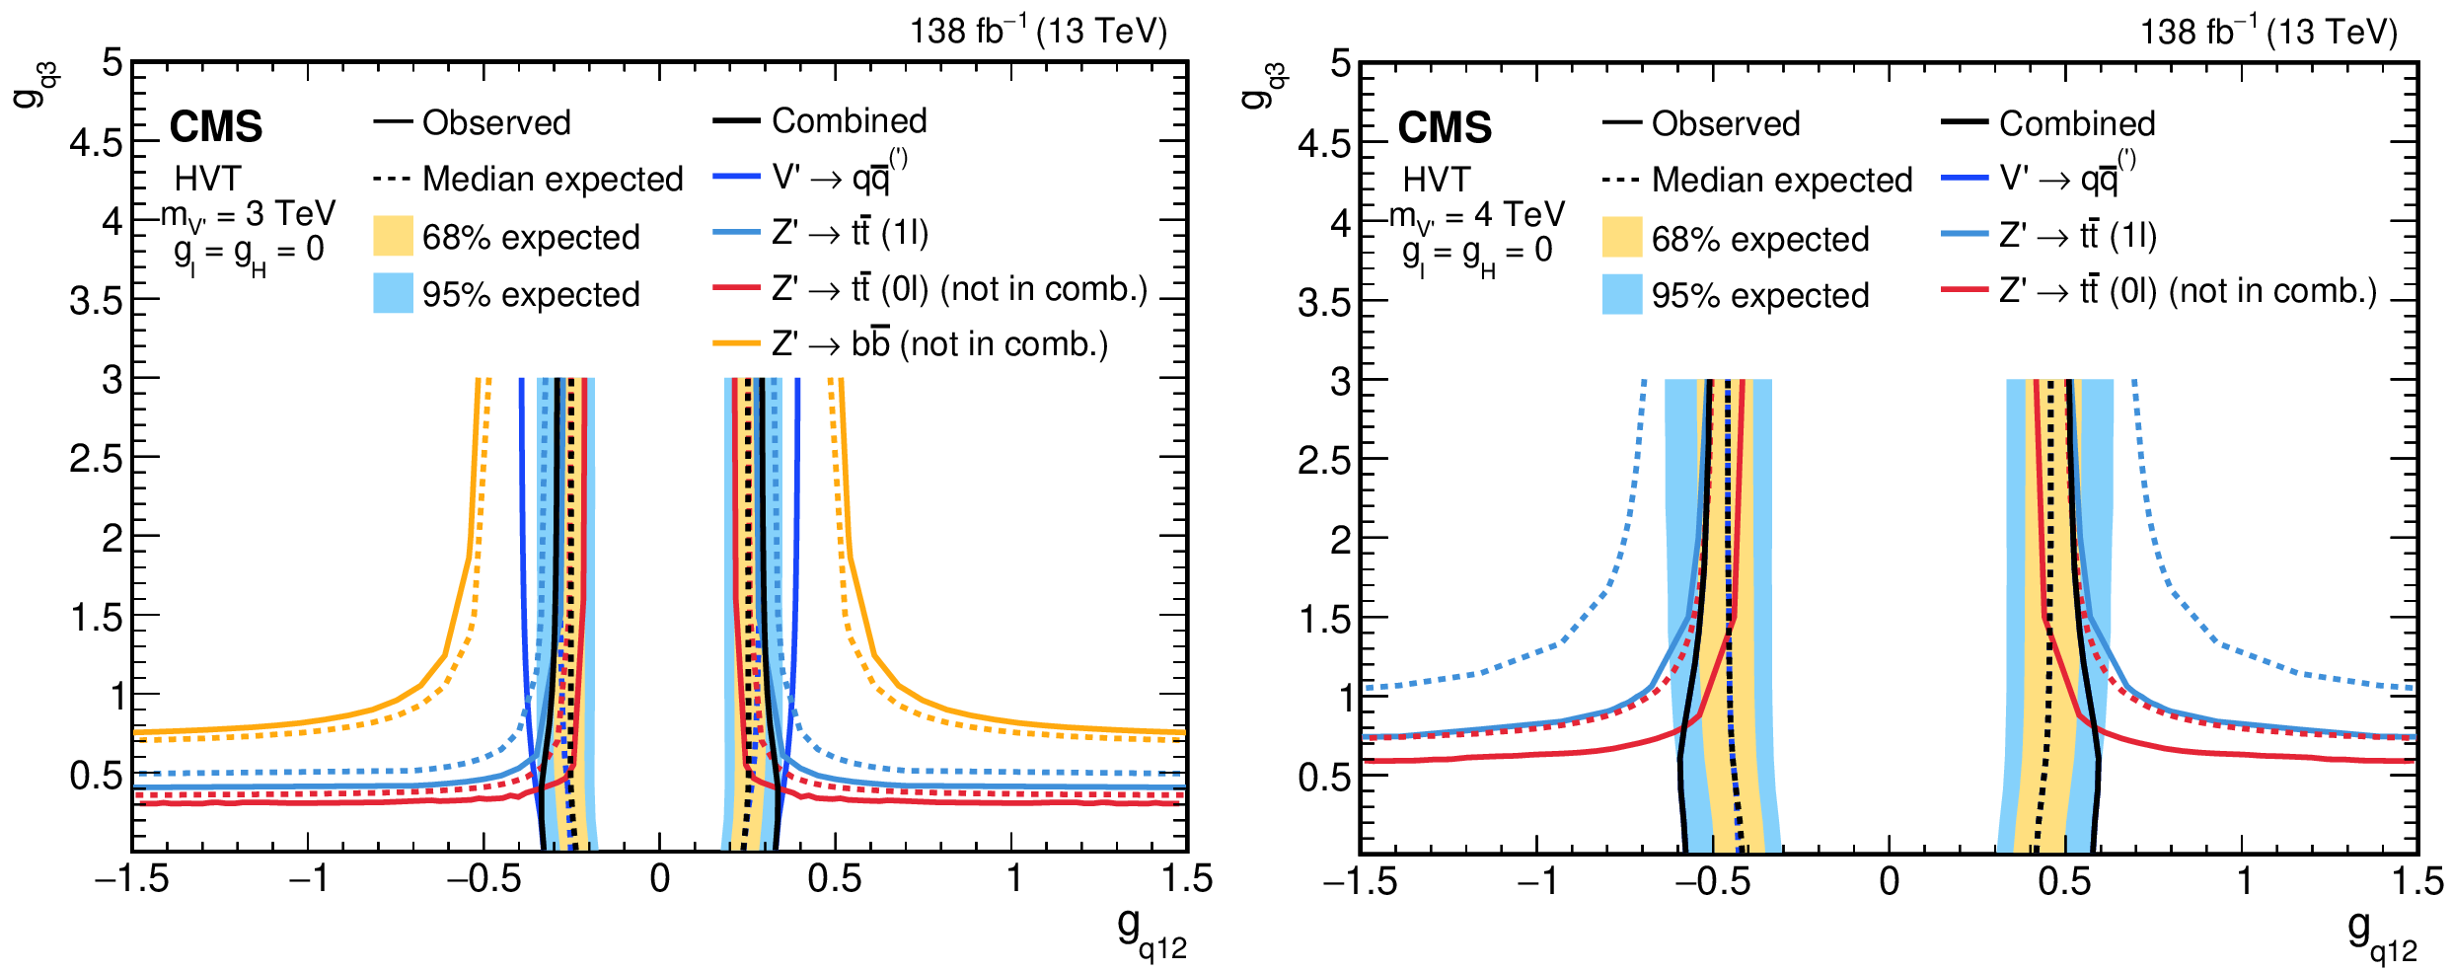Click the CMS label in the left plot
(216, 127)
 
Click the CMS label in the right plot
(1445, 128)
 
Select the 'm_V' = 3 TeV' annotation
(249, 214)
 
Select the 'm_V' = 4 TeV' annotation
(1477, 215)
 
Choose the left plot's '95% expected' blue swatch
(393, 294)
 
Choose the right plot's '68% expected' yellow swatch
(1622, 238)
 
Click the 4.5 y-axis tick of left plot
(96, 142)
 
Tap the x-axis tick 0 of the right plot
(1889, 881)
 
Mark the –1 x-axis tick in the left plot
(308, 879)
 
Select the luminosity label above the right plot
(2267, 32)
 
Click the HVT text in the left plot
(207, 179)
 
